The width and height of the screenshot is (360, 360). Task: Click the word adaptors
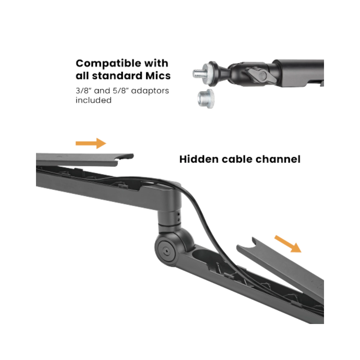[x=150, y=91]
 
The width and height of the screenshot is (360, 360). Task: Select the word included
[x=94, y=100]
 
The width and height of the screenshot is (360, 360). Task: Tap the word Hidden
[x=199, y=159]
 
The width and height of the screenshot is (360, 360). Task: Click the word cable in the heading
[x=237, y=159]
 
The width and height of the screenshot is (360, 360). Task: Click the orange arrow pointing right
[x=91, y=144]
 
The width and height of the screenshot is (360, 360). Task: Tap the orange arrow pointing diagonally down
[x=288, y=244]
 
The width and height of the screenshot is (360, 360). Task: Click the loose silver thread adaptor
[x=206, y=99]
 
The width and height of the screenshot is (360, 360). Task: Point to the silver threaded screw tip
[x=199, y=73]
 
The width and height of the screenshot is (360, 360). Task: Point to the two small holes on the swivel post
[x=179, y=217]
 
